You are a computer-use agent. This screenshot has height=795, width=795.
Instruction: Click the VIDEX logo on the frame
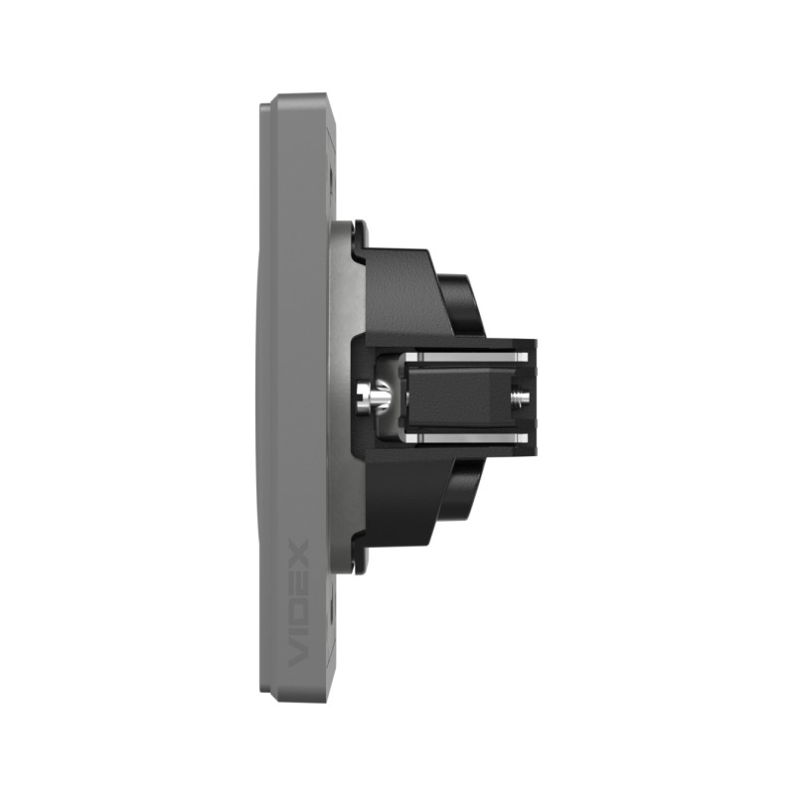298,603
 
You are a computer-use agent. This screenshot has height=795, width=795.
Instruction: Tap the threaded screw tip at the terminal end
520,396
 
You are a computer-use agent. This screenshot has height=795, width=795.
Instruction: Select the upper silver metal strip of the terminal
466,358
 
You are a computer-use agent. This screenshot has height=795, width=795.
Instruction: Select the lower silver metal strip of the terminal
466,438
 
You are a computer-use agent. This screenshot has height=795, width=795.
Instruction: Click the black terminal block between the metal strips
457,397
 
